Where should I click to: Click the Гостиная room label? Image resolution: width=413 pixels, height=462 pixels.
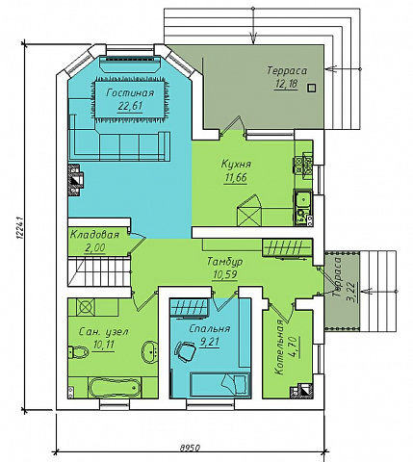pos(130,93)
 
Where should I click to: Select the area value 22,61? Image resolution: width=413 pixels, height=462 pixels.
pos(130,106)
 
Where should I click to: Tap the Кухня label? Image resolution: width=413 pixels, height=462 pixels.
pos(236,164)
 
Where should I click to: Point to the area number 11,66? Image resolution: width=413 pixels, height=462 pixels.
pos(236,177)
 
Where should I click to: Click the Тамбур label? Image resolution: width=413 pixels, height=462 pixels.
pos(224,261)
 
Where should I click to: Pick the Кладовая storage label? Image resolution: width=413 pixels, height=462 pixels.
pos(94,235)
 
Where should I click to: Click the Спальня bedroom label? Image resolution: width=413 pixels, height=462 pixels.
pos(209,328)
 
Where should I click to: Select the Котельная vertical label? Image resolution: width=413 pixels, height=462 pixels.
pos(279,346)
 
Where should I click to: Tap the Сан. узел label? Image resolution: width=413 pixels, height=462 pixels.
pos(103,331)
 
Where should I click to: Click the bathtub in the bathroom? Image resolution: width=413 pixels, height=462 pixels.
pos(115,388)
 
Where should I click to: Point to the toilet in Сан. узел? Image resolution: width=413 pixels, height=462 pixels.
pos(78,352)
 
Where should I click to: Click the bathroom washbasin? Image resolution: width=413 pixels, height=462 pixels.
pos(150,351)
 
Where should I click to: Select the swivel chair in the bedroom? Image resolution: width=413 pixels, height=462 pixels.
pos(185,351)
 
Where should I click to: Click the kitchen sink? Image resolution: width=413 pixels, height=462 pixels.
pos(302,199)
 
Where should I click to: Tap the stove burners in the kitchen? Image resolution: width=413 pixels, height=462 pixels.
pos(303,166)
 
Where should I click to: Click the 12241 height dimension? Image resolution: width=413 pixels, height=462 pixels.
pos(19,228)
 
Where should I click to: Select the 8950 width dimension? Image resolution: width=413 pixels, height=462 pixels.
pos(190,447)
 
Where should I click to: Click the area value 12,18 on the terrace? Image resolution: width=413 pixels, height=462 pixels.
pos(286,84)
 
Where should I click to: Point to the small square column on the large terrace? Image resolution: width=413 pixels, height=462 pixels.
pos(311,88)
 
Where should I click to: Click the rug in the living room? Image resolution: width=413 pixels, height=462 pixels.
pos(131,100)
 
